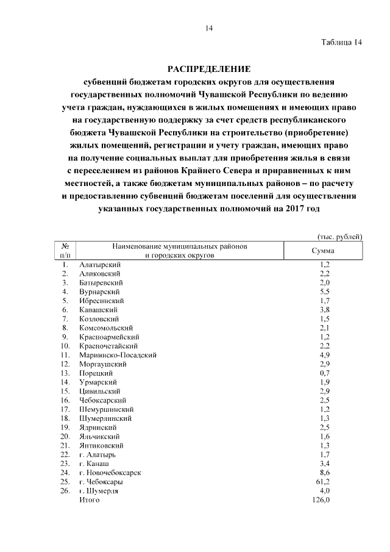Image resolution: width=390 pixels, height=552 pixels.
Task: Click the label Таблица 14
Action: (x=342, y=43)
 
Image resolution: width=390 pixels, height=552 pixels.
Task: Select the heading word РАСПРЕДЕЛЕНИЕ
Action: (x=209, y=68)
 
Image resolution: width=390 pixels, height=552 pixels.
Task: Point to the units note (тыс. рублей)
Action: (x=340, y=236)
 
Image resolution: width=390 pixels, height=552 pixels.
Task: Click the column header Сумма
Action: (x=323, y=251)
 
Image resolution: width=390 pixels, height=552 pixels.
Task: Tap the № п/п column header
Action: (x=65, y=251)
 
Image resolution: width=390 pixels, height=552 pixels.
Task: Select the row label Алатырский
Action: (x=101, y=265)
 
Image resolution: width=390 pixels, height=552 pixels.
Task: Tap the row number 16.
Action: (x=65, y=400)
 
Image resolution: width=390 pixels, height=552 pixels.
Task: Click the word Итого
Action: (x=89, y=500)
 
